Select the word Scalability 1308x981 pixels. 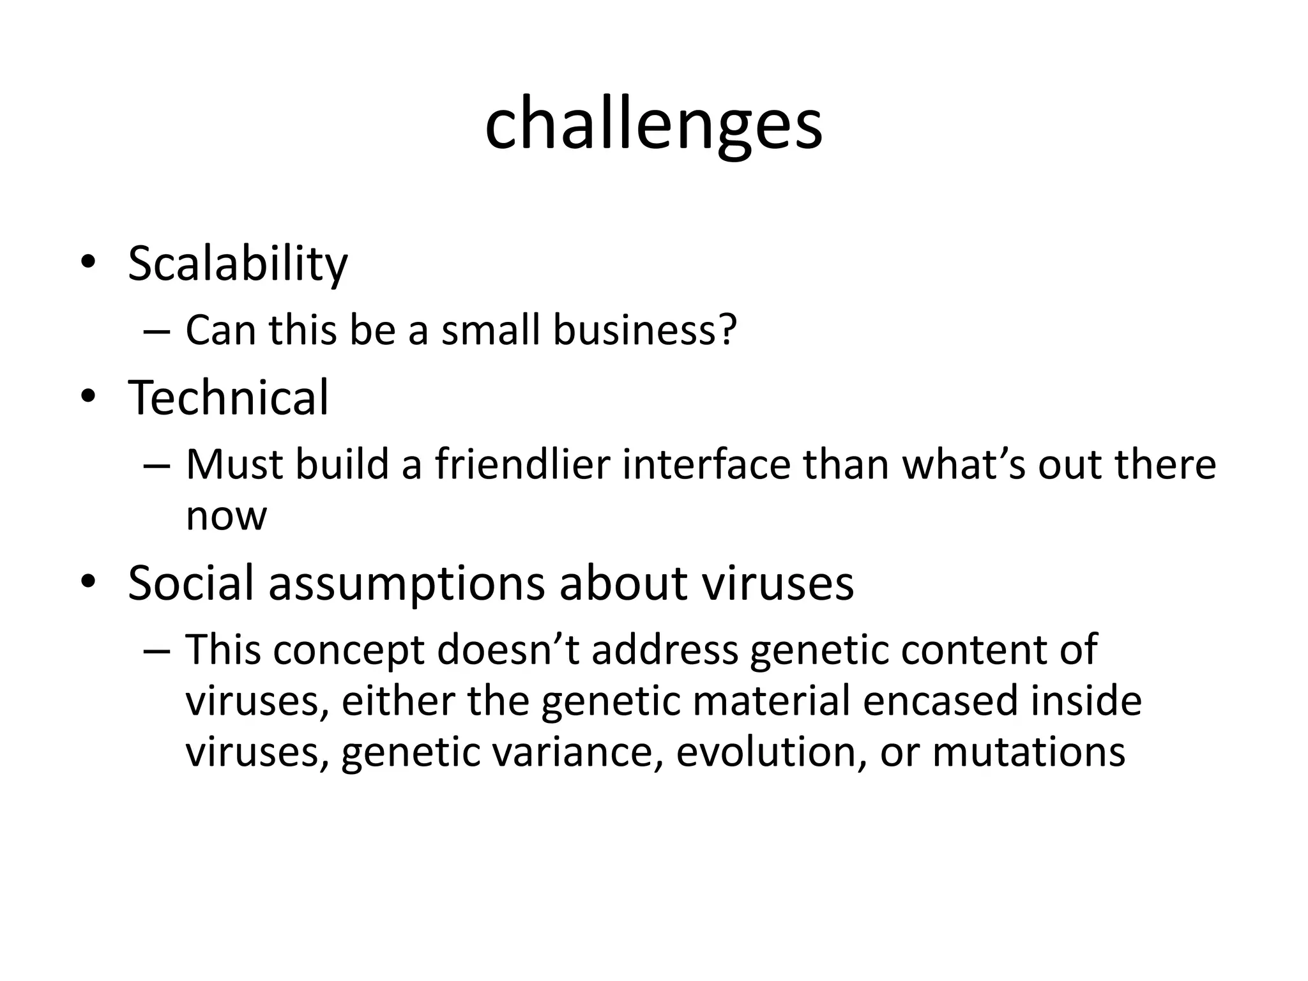tap(238, 264)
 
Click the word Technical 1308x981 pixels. tap(229, 398)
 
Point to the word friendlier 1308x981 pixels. tap(522, 464)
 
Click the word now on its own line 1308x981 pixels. tap(226, 516)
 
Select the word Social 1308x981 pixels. tap(190, 582)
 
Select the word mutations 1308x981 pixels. tap(1029, 752)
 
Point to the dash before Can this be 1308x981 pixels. tap(157, 332)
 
